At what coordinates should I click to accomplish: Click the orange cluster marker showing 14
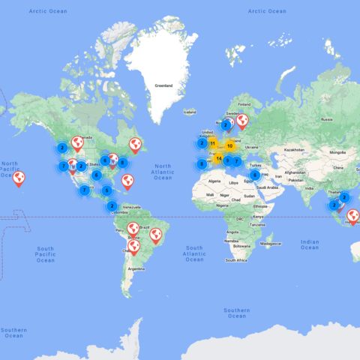[219, 158]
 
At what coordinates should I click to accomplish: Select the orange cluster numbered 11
[212, 142]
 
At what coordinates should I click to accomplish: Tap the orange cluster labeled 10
[229, 145]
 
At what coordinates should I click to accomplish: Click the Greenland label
[163, 86]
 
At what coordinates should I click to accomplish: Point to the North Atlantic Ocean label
[163, 171]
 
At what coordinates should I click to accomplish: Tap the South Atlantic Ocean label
[193, 253]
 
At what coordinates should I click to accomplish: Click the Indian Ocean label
[309, 246]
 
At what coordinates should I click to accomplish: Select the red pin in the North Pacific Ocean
[19, 178]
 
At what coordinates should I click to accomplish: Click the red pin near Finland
[241, 119]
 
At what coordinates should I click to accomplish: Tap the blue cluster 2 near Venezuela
[112, 205]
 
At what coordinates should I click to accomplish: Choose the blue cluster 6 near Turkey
[255, 175]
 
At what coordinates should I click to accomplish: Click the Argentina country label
[136, 268]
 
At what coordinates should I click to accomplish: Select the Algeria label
[214, 181]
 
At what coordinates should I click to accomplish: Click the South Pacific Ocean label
[46, 253]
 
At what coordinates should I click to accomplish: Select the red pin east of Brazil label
[156, 235]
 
